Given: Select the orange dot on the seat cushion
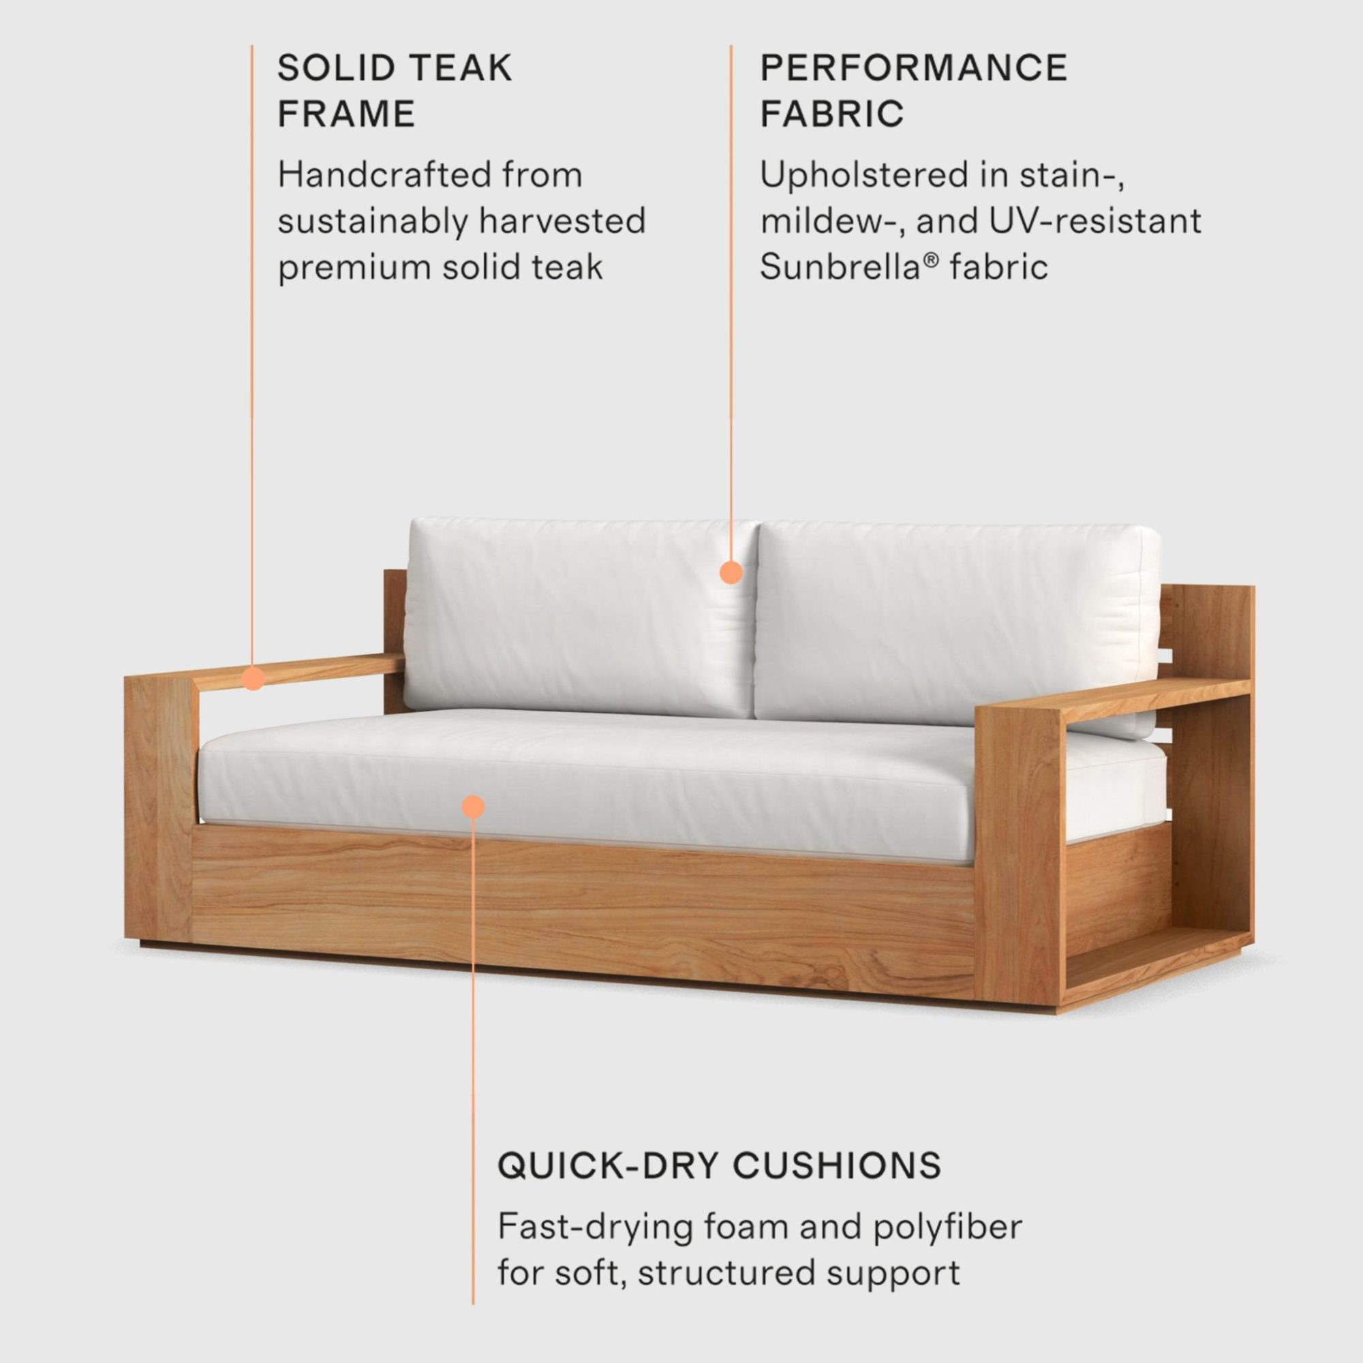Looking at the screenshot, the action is point(474,806).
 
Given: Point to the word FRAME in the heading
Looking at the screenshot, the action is point(346,114).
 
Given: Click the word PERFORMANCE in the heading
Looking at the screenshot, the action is point(914,67).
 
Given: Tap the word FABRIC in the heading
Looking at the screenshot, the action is point(831,114).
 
